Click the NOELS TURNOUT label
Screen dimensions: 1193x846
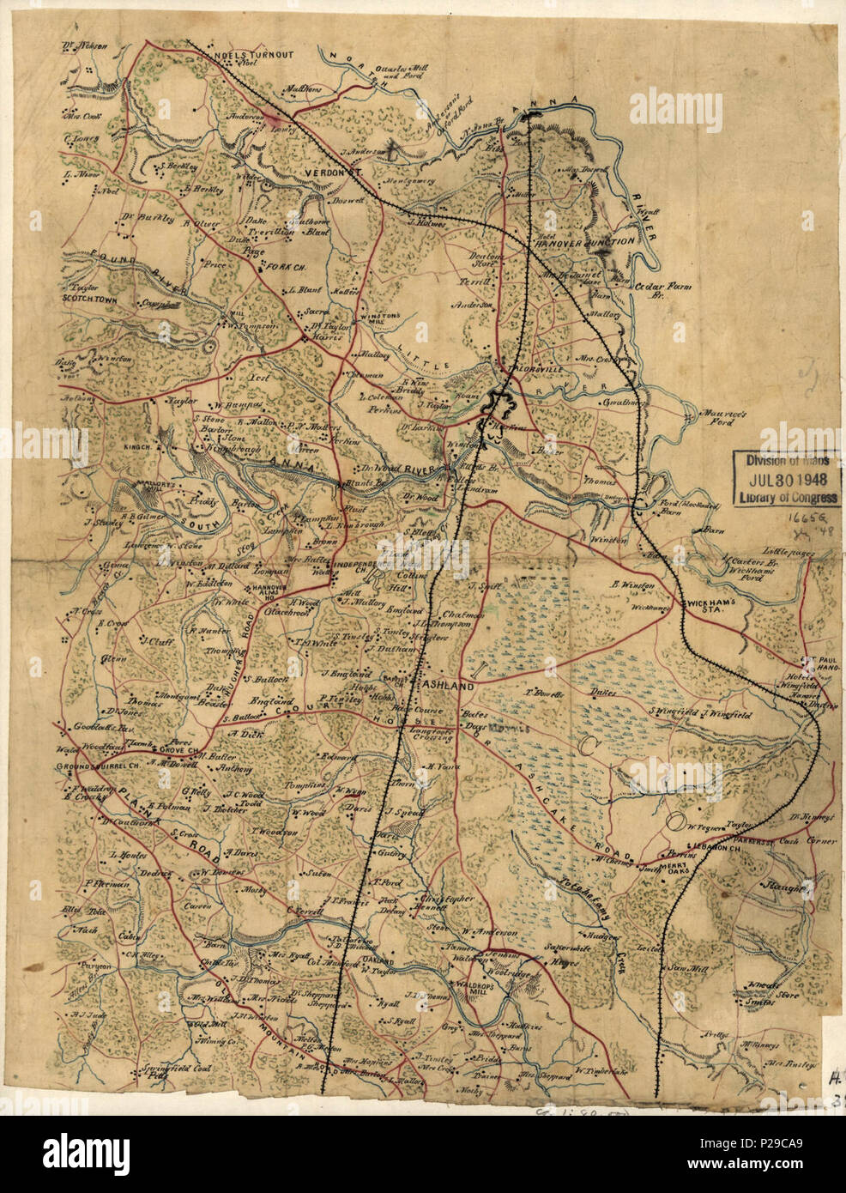257,54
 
